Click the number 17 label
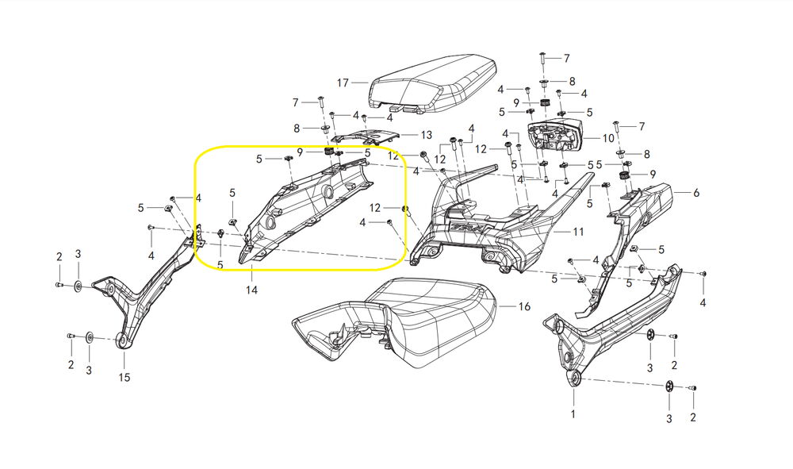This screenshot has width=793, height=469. coord(343,83)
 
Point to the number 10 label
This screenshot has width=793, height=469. coord(608,138)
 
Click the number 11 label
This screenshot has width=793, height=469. coord(578,232)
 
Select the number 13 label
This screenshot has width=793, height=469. coord(426,135)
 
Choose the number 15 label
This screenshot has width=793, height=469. coord(125,378)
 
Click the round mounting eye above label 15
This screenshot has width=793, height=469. coord(123,342)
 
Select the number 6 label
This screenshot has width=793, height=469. coord(696,193)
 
